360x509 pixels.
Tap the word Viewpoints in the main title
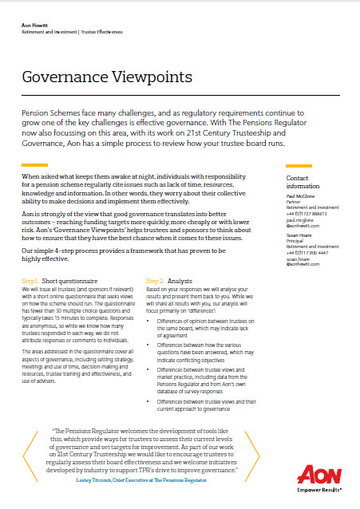(155, 77)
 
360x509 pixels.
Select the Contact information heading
(303, 182)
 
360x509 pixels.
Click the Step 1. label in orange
(30, 281)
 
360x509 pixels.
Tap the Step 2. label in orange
(156, 281)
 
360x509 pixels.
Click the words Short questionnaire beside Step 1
(72, 281)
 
